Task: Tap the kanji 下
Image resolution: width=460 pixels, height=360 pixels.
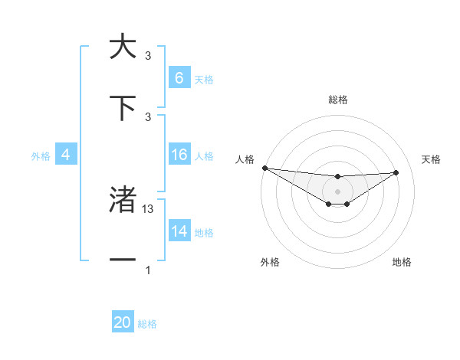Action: (x=123, y=109)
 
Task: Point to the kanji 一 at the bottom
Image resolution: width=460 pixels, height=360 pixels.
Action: (x=123, y=260)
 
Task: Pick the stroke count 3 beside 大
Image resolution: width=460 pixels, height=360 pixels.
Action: (x=148, y=56)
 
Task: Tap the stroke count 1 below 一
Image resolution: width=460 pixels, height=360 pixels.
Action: (x=148, y=270)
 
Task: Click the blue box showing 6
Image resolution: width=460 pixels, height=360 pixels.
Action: (x=179, y=77)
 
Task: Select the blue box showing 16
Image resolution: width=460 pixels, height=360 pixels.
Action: (x=179, y=155)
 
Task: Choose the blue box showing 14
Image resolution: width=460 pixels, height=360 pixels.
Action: (x=179, y=231)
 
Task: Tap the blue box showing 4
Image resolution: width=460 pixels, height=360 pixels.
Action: (x=66, y=155)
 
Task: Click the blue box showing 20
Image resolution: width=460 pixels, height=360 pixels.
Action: (x=123, y=322)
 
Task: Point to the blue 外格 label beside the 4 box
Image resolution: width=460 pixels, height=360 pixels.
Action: (x=41, y=155)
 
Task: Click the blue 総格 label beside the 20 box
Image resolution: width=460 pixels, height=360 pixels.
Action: (x=147, y=324)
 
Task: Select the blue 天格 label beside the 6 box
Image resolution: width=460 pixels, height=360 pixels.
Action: (x=203, y=79)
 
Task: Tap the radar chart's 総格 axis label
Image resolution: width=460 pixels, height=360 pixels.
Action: (x=338, y=100)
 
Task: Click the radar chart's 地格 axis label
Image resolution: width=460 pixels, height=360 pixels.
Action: (x=402, y=262)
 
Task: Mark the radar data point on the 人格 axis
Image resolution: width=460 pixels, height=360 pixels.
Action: (x=264, y=168)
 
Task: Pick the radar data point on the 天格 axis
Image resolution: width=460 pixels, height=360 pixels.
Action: (x=396, y=172)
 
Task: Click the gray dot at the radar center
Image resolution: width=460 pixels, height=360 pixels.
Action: (x=338, y=191)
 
